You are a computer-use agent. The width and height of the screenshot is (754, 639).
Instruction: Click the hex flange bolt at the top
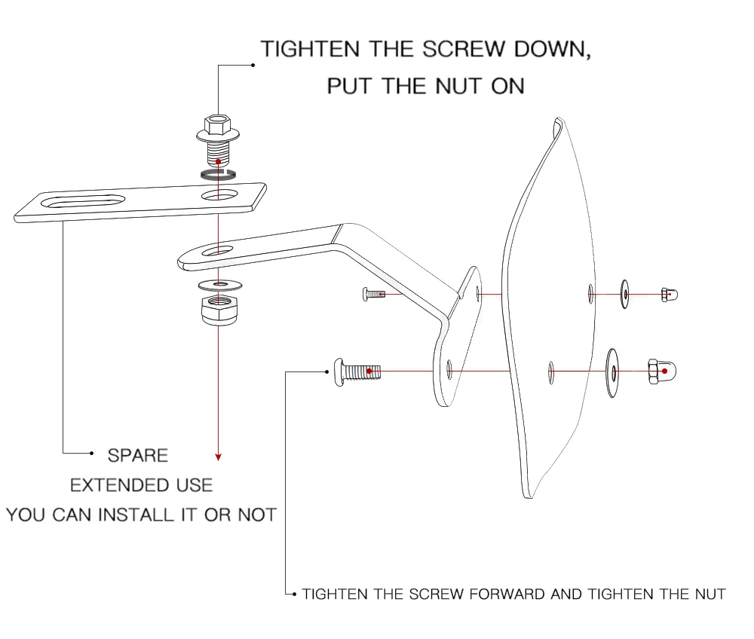coord(217,141)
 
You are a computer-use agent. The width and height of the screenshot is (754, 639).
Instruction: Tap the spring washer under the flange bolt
coord(218,175)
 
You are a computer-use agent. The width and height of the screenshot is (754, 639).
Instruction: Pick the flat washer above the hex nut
coord(217,285)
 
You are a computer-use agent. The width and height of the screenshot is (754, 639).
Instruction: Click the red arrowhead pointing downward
coord(218,456)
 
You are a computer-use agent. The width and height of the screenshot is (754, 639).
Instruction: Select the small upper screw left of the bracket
coord(373,294)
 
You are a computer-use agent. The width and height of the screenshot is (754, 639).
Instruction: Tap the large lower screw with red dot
coord(357,371)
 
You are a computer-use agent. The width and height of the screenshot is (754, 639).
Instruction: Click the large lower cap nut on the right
coord(661,370)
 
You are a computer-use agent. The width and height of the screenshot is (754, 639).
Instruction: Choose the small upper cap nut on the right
coord(668,294)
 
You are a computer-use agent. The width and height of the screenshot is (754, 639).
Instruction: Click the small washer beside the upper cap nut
coord(624,294)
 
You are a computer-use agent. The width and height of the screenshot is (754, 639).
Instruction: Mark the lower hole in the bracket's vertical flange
coord(449,370)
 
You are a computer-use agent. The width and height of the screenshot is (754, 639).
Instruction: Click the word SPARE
coord(138,456)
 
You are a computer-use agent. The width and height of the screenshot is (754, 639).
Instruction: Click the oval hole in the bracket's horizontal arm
coord(217,249)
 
